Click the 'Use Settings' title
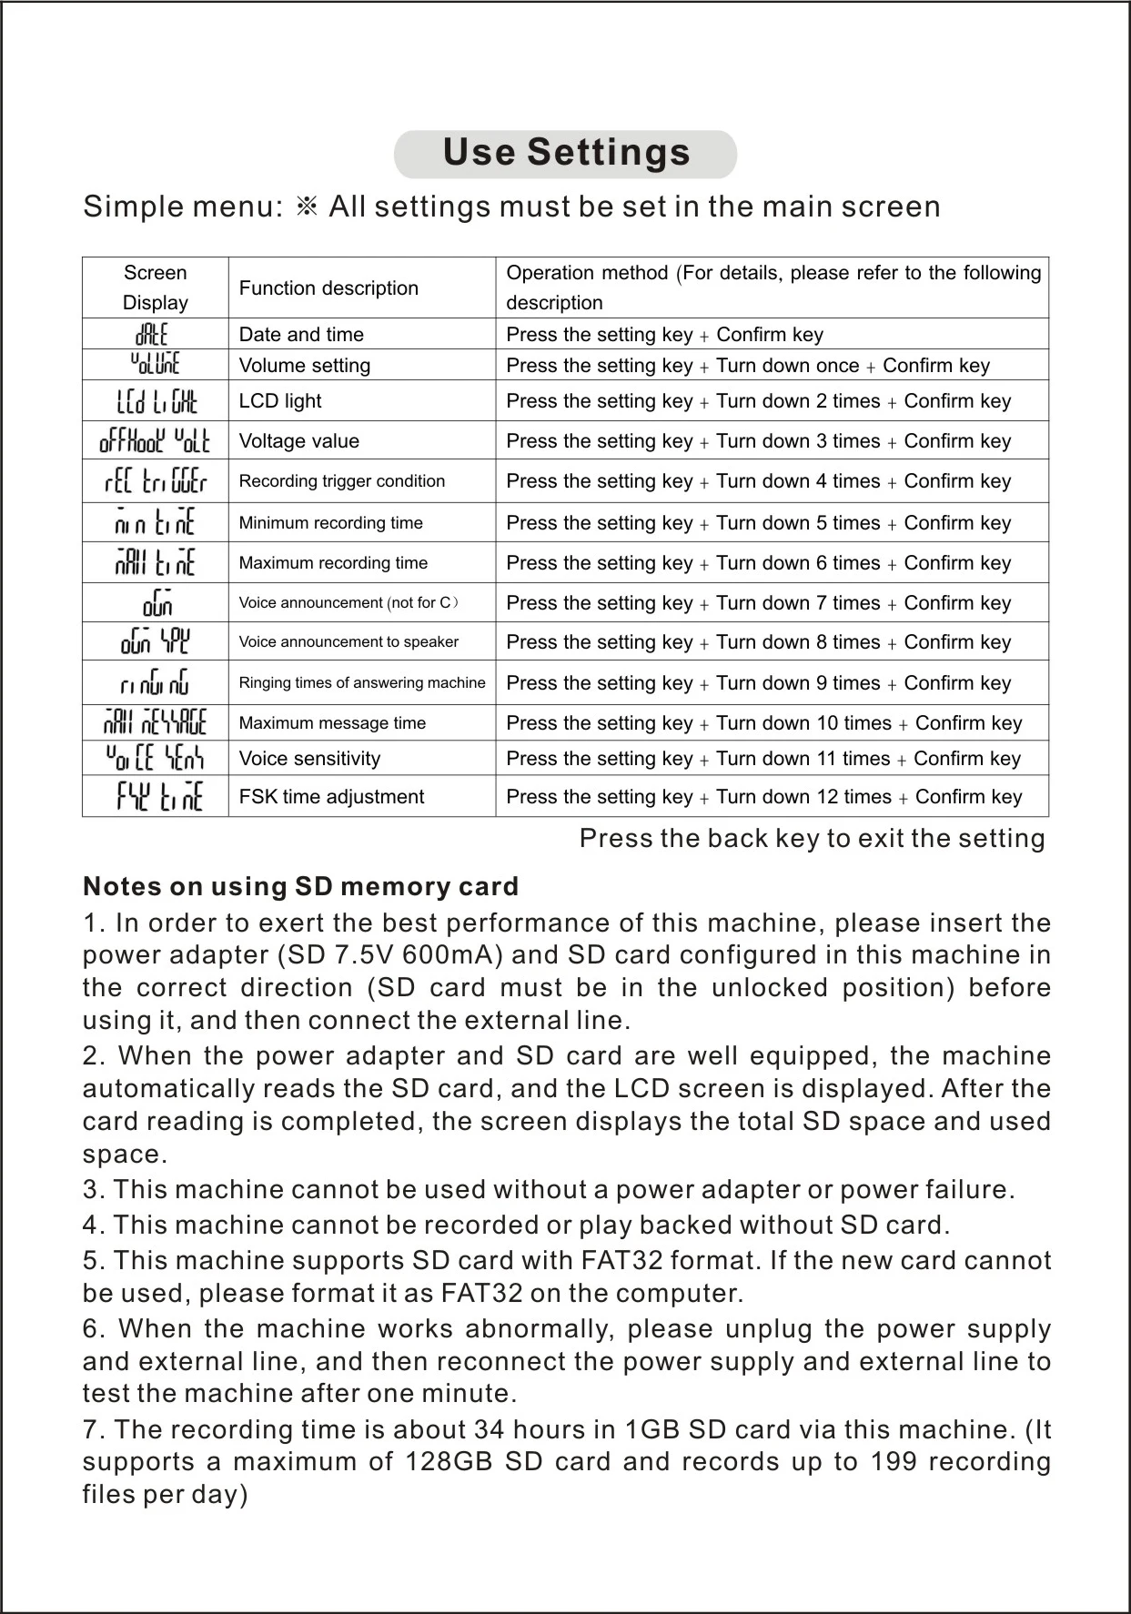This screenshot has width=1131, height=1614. point(566,153)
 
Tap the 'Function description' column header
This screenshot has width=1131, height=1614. point(328,288)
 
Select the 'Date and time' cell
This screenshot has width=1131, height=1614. point(301,335)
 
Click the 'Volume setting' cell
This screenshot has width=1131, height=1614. point(304,366)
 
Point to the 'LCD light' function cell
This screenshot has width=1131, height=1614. point(280,401)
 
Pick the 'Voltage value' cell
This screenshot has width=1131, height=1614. point(298,441)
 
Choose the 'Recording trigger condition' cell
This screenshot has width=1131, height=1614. point(342,481)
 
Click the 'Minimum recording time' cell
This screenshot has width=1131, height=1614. point(330,523)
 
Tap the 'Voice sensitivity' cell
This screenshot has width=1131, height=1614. point(309,759)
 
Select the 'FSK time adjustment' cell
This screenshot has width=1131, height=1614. point(331,797)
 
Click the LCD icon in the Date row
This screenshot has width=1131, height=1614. point(152,334)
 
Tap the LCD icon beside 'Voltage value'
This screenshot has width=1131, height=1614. point(155,440)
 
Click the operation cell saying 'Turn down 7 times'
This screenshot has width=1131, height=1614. point(758,603)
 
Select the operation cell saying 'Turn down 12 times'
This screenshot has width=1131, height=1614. point(763,797)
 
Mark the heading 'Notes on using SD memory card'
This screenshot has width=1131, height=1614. point(300,886)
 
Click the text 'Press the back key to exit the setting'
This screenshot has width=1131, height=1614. point(812,838)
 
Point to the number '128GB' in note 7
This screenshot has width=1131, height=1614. point(447,1462)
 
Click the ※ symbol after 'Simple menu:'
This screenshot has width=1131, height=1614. point(307,207)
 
